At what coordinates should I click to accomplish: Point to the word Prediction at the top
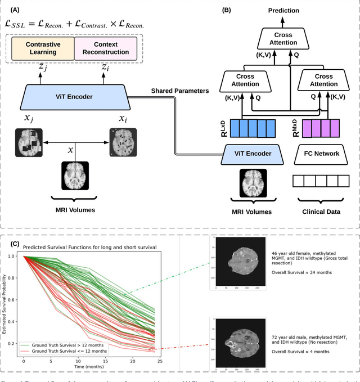(283, 10)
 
